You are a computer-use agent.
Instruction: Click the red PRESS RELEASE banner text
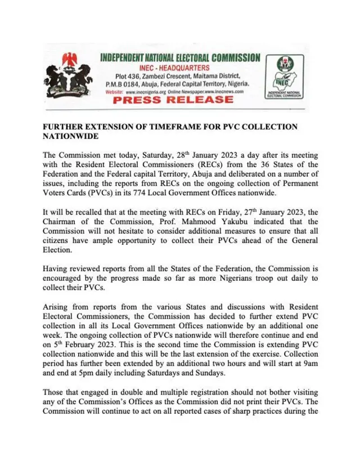[173, 99]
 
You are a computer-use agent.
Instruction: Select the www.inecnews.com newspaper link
[223, 91]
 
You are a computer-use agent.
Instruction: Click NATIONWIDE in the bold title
[70, 136]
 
